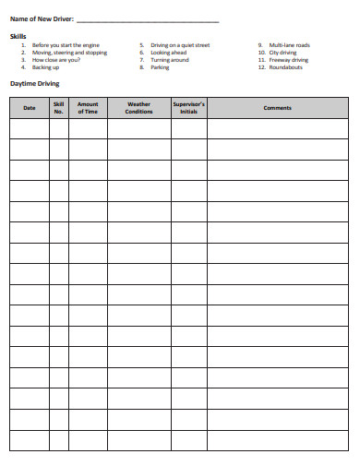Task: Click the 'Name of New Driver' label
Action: (40, 19)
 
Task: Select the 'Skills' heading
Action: (18, 35)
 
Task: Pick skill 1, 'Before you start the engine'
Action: (66, 44)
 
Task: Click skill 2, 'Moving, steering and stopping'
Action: (69, 53)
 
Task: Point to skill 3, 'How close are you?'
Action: (56, 60)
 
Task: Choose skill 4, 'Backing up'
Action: (45, 67)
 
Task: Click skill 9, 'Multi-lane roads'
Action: (289, 44)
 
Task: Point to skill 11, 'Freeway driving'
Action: (288, 60)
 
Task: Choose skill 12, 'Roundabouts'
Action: (286, 67)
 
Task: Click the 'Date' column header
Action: (30, 108)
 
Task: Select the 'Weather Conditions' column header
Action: (138, 108)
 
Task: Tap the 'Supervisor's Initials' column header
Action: (189, 108)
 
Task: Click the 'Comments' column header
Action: (277, 108)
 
